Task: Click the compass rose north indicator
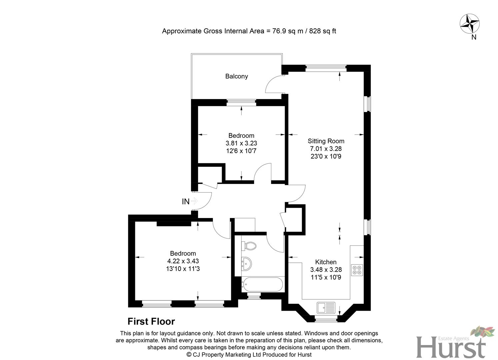(470, 24)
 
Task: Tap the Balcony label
(236, 76)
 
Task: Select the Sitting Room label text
(326, 141)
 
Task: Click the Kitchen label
(326, 262)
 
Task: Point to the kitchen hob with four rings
(357, 270)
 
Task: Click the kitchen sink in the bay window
(326, 307)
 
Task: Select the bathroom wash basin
(246, 264)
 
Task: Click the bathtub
(262, 285)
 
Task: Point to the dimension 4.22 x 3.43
(183, 261)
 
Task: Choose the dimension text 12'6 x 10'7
(241, 151)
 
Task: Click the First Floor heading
(151, 321)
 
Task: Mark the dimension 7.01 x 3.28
(326, 149)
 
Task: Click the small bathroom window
(254, 296)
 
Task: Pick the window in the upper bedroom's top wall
(241, 103)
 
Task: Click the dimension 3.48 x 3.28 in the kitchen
(326, 270)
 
